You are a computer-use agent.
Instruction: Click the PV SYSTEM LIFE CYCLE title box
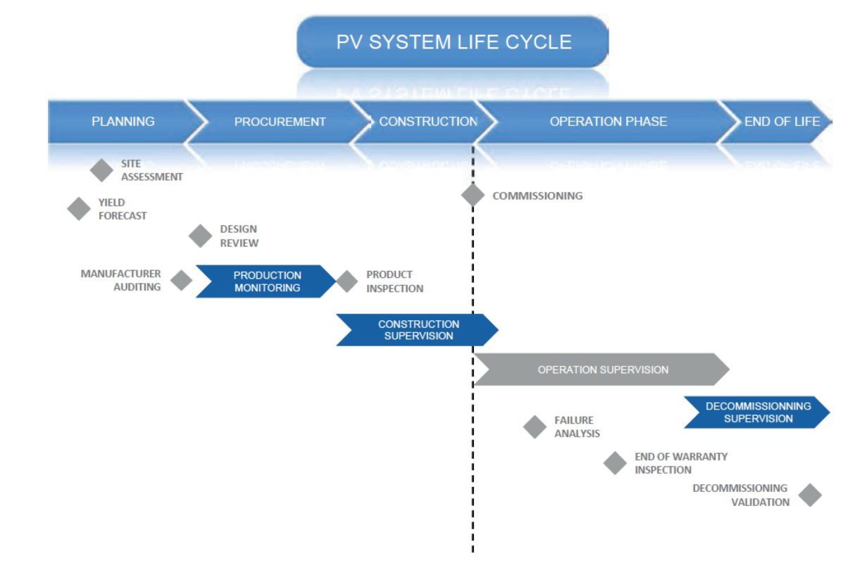click(x=453, y=42)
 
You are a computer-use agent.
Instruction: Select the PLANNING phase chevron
click(x=123, y=122)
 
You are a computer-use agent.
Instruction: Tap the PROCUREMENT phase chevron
click(x=280, y=122)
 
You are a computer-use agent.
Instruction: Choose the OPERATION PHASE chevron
click(x=608, y=122)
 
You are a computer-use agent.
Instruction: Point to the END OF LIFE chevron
click(x=781, y=122)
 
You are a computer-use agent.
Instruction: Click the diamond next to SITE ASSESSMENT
click(x=102, y=170)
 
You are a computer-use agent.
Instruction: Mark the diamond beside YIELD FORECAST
click(x=79, y=208)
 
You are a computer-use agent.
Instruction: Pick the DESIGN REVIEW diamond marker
click(x=200, y=236)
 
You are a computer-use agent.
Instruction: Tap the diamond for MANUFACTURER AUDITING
click(x=181, y=281)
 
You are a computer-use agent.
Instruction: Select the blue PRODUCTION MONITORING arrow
click(x=266, y=281)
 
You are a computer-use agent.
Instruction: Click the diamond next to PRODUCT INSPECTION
click(x=347, y=281)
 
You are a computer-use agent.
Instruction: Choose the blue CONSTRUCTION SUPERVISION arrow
click(x=418, y=330)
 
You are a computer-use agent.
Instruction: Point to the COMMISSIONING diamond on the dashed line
click(x=473, y=195)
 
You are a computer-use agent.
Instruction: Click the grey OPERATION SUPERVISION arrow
click(x=602, y=369)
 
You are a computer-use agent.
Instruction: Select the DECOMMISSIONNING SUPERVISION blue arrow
click(x=757, y=412)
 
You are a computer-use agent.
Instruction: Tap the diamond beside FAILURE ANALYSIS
click(x=535, y=426)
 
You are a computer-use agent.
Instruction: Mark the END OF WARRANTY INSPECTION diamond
click(x=615, y=463)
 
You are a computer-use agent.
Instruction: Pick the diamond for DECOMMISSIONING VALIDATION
click(x=810, y=495)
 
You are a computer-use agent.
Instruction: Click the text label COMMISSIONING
click(x=537, y=196)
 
